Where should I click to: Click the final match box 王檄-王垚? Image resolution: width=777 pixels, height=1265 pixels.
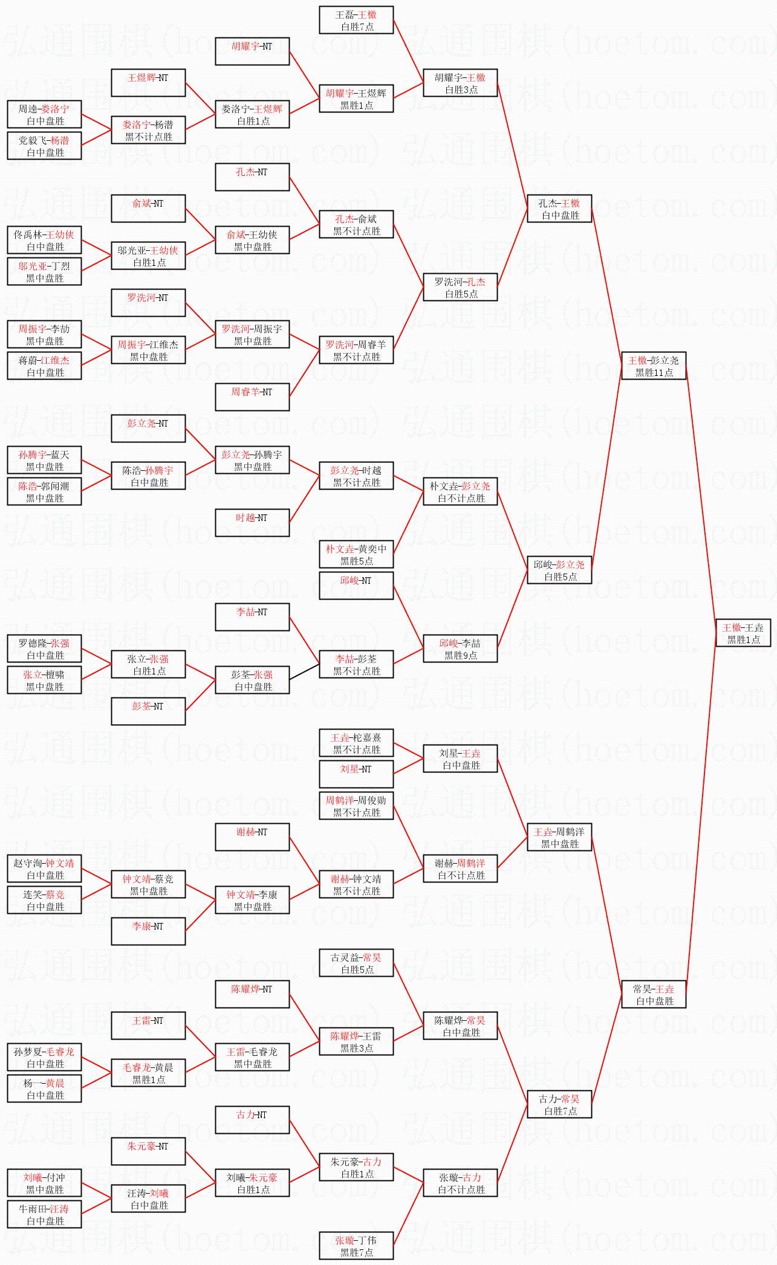point(744,633)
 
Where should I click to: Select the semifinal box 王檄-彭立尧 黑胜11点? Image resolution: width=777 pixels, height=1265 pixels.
point(654,366)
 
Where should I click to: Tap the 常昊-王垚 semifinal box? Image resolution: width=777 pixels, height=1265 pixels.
point(654,994)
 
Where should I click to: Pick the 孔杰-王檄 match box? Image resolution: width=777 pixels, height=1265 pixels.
point(559,209)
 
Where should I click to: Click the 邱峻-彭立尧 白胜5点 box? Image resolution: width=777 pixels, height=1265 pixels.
point(559,570)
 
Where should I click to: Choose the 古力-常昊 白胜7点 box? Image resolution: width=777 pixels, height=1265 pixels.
point(559,1104)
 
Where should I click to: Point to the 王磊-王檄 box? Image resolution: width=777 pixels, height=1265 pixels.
point(356,20)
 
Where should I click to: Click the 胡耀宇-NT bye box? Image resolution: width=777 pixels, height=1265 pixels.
point(252,51)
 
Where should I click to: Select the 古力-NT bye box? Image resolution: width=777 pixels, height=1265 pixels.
point(252,1120)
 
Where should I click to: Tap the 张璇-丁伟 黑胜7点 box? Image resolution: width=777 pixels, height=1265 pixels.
point(356,1246)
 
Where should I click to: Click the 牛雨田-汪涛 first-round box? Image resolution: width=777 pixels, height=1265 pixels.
point(44,1214)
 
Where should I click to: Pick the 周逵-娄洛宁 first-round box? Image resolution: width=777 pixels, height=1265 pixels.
point(44,114)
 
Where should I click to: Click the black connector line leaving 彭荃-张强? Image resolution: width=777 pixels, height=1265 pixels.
point(304,671)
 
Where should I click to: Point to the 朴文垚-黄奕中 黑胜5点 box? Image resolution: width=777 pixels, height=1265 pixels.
point(356,554)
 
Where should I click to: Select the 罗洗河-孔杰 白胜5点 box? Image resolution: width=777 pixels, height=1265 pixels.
point(460,287)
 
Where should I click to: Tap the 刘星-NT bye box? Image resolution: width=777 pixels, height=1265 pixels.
point(356,774)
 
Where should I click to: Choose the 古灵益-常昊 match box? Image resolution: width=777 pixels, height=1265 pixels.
point(356,963)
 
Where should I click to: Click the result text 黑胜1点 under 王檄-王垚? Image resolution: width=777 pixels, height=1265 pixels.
point(744,639)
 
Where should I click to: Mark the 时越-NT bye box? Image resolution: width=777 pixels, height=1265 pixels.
point(252,523)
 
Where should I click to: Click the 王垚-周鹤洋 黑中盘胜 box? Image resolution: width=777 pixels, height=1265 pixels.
point(559,837)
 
